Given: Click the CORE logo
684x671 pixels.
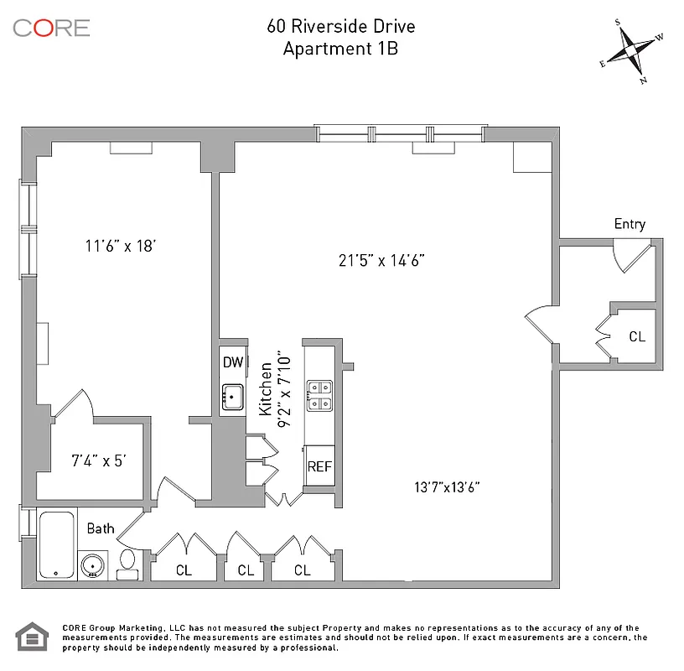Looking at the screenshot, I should coord(51,27).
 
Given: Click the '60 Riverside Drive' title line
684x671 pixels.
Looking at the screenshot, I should coord(341,26).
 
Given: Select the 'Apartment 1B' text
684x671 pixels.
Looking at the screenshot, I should coord(340,49).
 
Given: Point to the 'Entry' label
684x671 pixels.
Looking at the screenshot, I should coord(630,224).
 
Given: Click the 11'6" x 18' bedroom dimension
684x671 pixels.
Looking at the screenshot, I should coord(122,246).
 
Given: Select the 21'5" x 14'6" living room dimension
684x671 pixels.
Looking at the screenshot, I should coord(382,260).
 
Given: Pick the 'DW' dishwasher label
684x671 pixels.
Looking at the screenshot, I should coord(232,362).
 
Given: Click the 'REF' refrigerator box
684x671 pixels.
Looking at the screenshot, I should coord(319,467).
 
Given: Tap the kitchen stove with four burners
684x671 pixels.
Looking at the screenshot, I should coord(319,396).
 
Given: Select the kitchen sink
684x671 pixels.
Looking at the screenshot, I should coord(232,396).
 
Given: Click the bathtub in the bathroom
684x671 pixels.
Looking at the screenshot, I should coord(57,544).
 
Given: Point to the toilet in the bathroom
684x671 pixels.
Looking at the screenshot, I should coord(128,564).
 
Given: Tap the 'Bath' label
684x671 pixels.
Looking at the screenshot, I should coord(101,529).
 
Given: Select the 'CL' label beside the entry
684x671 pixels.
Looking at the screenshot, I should coord(637,336).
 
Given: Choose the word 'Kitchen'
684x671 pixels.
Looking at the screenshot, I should coord(265,389).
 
